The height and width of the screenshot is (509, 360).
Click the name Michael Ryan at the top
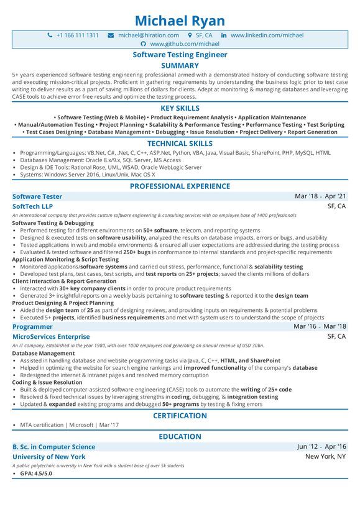tap(180, 20)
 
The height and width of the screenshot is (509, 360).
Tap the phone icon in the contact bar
tap(50, 35)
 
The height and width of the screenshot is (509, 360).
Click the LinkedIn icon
tap(224, 35)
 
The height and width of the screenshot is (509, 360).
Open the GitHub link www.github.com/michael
tap(185, 44)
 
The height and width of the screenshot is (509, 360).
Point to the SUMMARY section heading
tap(180, 65)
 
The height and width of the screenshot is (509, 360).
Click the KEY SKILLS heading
tap(180, 108)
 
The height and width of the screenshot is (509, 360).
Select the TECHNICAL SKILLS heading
tap(180, 143)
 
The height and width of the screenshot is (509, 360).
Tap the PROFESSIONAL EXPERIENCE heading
tap(180, 186)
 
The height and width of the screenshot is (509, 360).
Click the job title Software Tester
tap(37, 196)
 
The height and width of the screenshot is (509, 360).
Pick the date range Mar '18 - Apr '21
tap(320, 196)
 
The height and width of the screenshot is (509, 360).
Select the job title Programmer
tap(33, 326)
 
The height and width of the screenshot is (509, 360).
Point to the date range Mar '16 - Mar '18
tap(320, 326)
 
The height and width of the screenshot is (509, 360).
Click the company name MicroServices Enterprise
tap(51, 336)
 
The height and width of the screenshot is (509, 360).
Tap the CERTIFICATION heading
tap(180, 415)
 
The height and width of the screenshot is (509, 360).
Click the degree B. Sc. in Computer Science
tap(54, 447)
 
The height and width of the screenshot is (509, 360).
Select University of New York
tap(49, 457)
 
